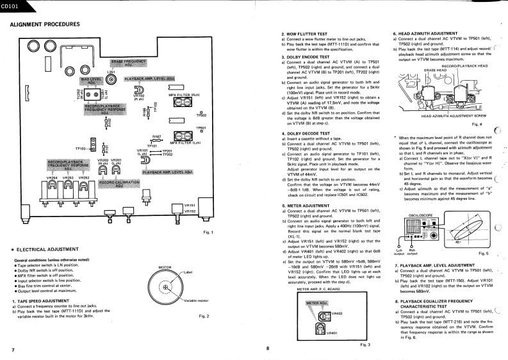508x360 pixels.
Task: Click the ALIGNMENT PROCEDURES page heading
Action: click(44, 24)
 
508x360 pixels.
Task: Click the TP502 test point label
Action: click(201, 115)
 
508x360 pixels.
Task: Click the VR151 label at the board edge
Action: click(189, 204)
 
